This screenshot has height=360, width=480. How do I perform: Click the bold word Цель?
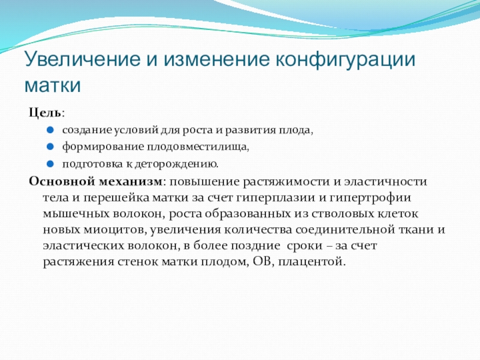coord(45,113)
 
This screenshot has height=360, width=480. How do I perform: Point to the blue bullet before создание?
coord(50,130)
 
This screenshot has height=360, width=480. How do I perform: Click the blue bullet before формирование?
coord(50,146)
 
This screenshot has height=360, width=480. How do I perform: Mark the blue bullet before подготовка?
coord(50,164)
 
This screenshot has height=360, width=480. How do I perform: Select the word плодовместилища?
coord(197,147)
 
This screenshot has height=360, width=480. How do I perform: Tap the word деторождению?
coord(176,164)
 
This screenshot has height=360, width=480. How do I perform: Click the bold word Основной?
coord(62,181)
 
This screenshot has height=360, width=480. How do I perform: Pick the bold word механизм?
coord(130,182)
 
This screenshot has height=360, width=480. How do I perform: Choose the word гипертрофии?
coord(370,198)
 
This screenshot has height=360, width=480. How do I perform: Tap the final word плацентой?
coord(311,262)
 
